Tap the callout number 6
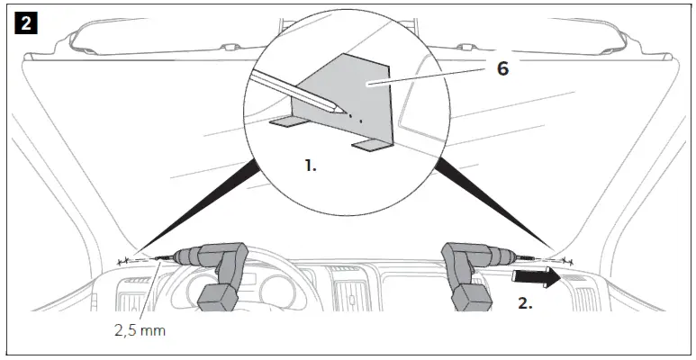tap(502, 67)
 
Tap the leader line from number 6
tap(432, 76)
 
